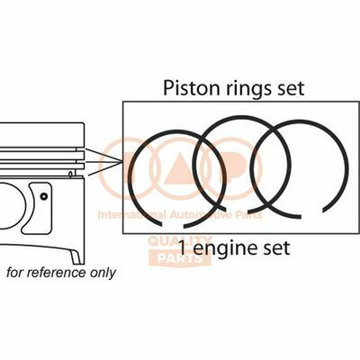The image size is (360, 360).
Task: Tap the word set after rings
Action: click(x=291, y=89)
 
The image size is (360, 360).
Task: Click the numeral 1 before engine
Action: click(x=182, y=248)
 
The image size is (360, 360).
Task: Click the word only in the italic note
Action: click(x=103, y=274)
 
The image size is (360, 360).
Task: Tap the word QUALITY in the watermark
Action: click(x=180, y=241)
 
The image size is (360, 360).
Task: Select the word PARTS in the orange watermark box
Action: click(x=180, y=258)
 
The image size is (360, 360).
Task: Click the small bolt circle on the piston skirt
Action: click(x=44, y=196)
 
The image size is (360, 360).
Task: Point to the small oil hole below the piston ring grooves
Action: click(x=70, y=174)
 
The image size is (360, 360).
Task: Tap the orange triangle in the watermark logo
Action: click(x=180, y=167)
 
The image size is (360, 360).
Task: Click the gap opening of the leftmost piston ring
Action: click(x=172, y=226)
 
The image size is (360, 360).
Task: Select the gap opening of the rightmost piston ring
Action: click(x=311, y=214)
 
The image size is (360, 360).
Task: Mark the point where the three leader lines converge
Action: click(x=121, y=162)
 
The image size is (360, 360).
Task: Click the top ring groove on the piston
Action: click(x=42, y=149)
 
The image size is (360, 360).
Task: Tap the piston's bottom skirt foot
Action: click(x=76, y=257)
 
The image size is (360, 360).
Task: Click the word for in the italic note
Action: click(x=15, y=273)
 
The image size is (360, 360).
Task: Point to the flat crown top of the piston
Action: click(x=41, y=123)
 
